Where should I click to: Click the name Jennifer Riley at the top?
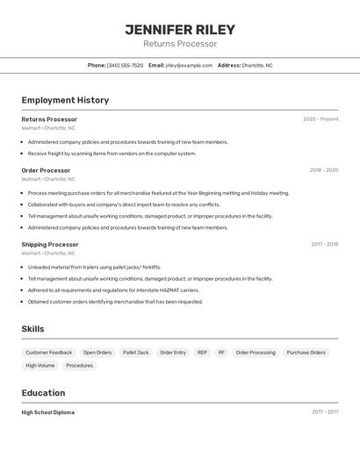pyautogui.click(x=180, y=29)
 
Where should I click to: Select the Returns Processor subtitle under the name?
pyautogui.click(x=180, y=44)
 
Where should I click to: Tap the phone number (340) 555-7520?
pyautogui.click(x=125, y=65)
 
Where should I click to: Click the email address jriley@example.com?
pyautogui.click(x=189, y=65)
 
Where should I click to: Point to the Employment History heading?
pyautogui.click(x=65, y=100)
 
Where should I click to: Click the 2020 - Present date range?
pyautogui.click(x=320, y=118)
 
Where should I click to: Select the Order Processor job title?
pyautogui.click(x=46, y=170)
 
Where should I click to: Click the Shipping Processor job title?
pyautogui.click(x=50, y=244)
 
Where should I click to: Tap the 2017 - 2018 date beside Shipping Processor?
pyautogui.click(x=324, y=244)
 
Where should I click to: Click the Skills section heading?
pyautogui.click(x=33, y=329)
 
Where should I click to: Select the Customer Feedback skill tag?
pyautogui.click(x=49, y=353)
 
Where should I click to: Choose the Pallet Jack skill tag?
pyautogui.click(x=135, y=353)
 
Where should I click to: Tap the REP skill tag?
pyautogui.click(x=202, y=353)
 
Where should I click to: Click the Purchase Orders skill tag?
pyautogui.click(x=306, y=353)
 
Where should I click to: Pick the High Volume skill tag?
pyautogui.click(x=40, y=365)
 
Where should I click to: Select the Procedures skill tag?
pyautogui.click(x=79, y=365)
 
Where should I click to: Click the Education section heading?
pyautogui.click(x=43, y=393)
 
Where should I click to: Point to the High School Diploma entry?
pyautogui.click(x=48, y=412)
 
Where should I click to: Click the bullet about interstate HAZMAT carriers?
pyautogui.click(x=113, y=290)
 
